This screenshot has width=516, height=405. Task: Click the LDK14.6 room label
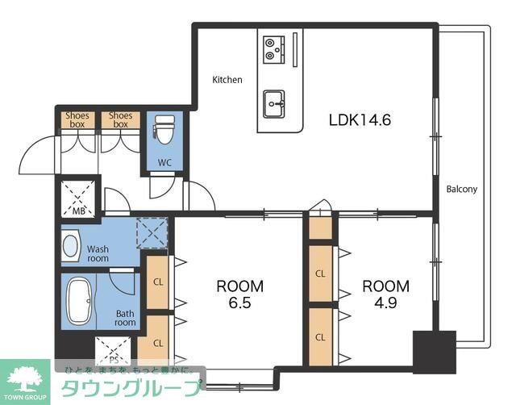[360, 120]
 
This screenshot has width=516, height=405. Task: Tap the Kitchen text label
[227, 80]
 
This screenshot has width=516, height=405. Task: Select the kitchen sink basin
[274, 104]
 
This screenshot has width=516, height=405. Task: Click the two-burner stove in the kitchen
[274, 49]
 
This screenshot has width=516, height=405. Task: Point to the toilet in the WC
[164, 130]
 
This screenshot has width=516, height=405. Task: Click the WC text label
[164, 162]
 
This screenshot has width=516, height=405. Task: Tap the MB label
[79, 211]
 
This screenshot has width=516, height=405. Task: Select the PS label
[114, 359]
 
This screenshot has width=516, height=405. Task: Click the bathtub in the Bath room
[79, 301]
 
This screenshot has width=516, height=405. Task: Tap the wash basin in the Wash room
[71, 246]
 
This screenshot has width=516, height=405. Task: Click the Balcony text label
[461, 190]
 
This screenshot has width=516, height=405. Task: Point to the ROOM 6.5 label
[240, 294]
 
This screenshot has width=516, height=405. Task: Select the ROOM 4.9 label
[385, 294]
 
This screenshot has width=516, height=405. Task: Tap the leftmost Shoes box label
[77, 120]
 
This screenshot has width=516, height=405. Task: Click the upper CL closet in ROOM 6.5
[158, 282]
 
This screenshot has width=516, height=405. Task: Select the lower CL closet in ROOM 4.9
[320, 337]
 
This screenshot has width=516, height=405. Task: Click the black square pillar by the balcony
[435, 352]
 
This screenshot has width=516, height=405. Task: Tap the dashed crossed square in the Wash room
[152, 232]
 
